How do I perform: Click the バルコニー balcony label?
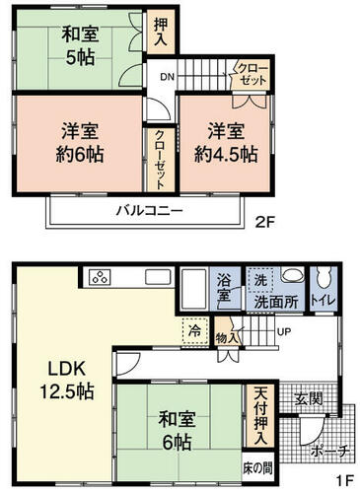(149, 210)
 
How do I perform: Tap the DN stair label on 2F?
(168, 77)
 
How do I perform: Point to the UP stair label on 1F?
(284, 332)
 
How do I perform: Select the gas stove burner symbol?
(100, 278)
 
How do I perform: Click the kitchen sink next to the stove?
(159, 278)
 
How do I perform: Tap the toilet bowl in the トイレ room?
(324, 279)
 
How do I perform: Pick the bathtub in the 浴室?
(194, 289)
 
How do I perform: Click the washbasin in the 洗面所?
(293, 275)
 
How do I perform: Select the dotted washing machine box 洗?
(260, 280)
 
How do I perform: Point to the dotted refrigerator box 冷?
(195, 331)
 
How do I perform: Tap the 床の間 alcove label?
(258, 468)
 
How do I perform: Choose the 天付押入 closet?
(260, 416)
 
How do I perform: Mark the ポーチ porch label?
(329, 452)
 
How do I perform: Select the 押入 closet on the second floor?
(161, 32)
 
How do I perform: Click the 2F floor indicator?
(265, 223)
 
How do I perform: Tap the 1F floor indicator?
(344, 481)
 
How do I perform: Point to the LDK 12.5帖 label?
(67, 380)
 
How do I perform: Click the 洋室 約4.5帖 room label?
(226, 143)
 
